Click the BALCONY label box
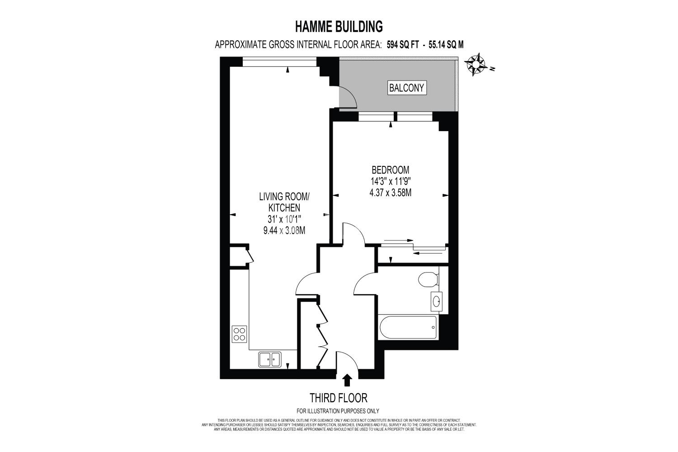407,88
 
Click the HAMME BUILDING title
339,27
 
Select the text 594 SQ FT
403,45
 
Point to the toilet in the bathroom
428,279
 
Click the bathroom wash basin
437,301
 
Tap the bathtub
408,327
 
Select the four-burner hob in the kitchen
240,334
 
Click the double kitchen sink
270,359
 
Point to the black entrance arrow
348,380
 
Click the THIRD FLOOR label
339,398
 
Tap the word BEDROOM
391,170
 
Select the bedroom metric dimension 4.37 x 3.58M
391,193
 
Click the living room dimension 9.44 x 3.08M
284,231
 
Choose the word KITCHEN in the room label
284,207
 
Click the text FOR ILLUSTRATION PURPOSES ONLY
338,411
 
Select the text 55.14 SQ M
446,45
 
